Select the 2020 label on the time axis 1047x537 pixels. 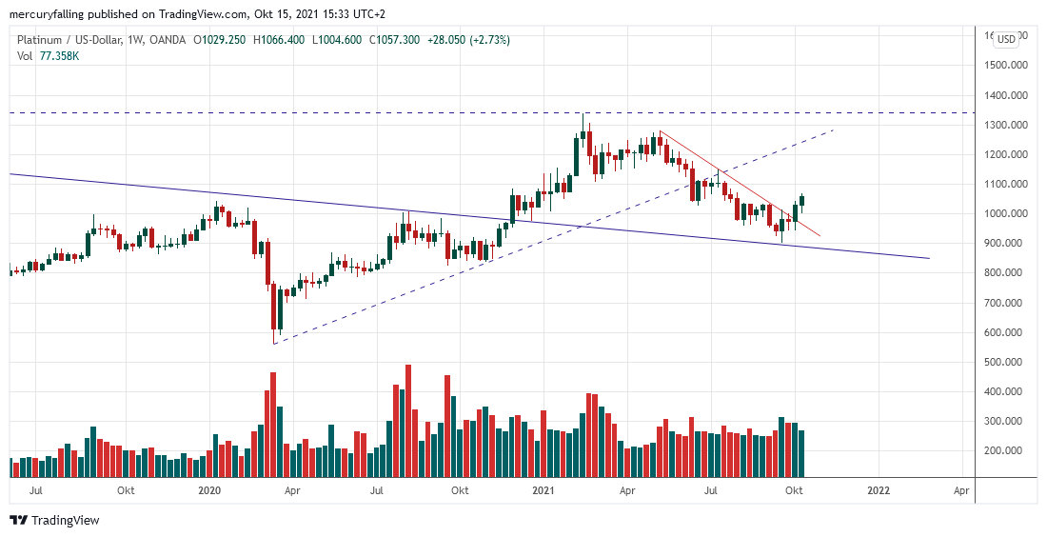[209, 490]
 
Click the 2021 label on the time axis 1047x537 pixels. [543, 490]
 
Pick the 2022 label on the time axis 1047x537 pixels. [879, 490]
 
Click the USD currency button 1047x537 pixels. [1007, 39]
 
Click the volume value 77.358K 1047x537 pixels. [58, 56]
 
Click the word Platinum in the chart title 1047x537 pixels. [42, 40]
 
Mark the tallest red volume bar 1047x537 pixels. [408, 420]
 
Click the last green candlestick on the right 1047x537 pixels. [801, 200]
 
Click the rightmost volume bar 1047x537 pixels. [801, 453]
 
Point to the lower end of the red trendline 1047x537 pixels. [819, 235]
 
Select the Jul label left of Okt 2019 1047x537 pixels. [37, 490]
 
